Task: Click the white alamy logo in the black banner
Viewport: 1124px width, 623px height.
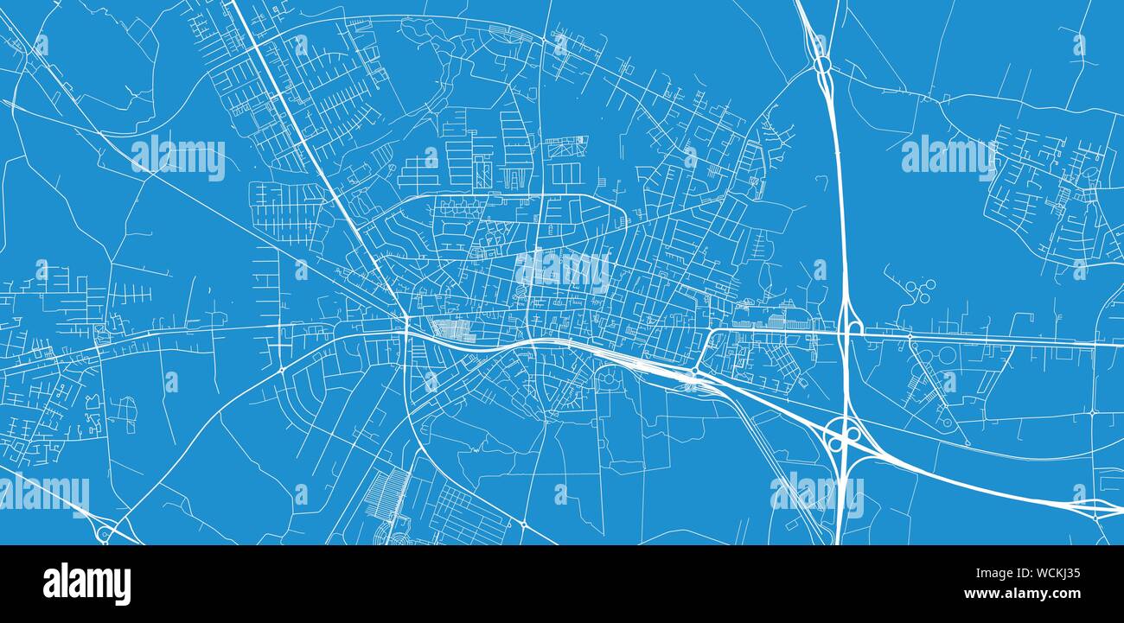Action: click(86, 584)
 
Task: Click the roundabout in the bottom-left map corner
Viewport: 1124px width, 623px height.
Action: click(105, 534)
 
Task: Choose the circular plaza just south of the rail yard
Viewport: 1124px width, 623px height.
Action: click(605, 374)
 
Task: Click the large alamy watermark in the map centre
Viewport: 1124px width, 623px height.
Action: click(562, 270)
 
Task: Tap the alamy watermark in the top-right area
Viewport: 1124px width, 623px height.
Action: click(948, 156)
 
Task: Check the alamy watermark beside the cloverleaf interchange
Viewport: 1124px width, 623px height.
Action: click(817, 493)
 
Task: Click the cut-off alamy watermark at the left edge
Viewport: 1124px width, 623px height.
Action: click(43, 495)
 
